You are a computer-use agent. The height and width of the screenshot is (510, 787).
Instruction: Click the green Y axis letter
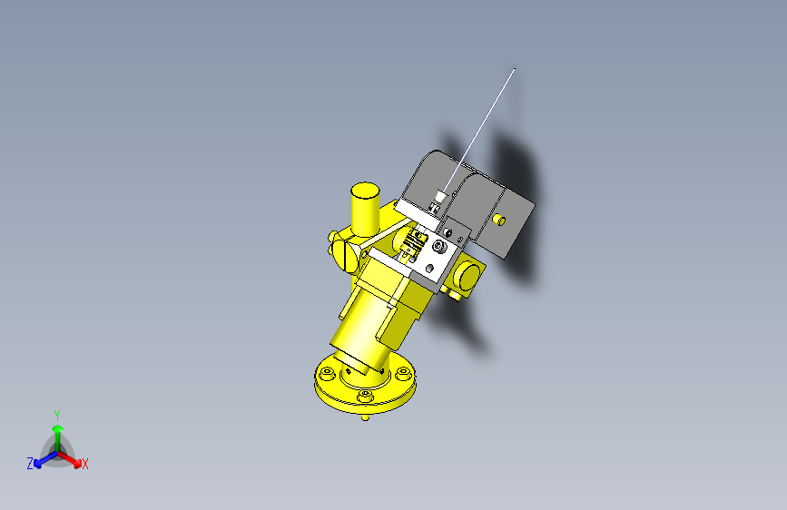pyautogui.click(x=56, y=413)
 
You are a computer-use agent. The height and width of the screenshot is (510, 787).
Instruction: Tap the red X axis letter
pyautogui.click(x=85, y=464)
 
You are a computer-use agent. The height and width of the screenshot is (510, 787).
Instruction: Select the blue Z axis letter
pyautogui.click(x=30, y=463)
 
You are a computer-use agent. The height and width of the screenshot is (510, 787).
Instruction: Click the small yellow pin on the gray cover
pyautogui.click(x=499, y=219)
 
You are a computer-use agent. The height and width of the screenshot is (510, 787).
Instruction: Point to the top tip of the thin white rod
pyautogui.click(x=516, y=69)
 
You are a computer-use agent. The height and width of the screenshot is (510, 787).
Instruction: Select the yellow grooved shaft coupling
pyautogui.click(x=420, y=240)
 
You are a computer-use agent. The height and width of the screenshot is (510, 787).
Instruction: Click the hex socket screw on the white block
pyautogui.click(x=440, y=246)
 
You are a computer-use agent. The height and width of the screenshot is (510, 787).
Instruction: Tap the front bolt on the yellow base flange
pyautogui.click(x=365, y=397)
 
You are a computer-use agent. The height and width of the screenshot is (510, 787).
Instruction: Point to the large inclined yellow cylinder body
pyautogui.click(x=363, y=327)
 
